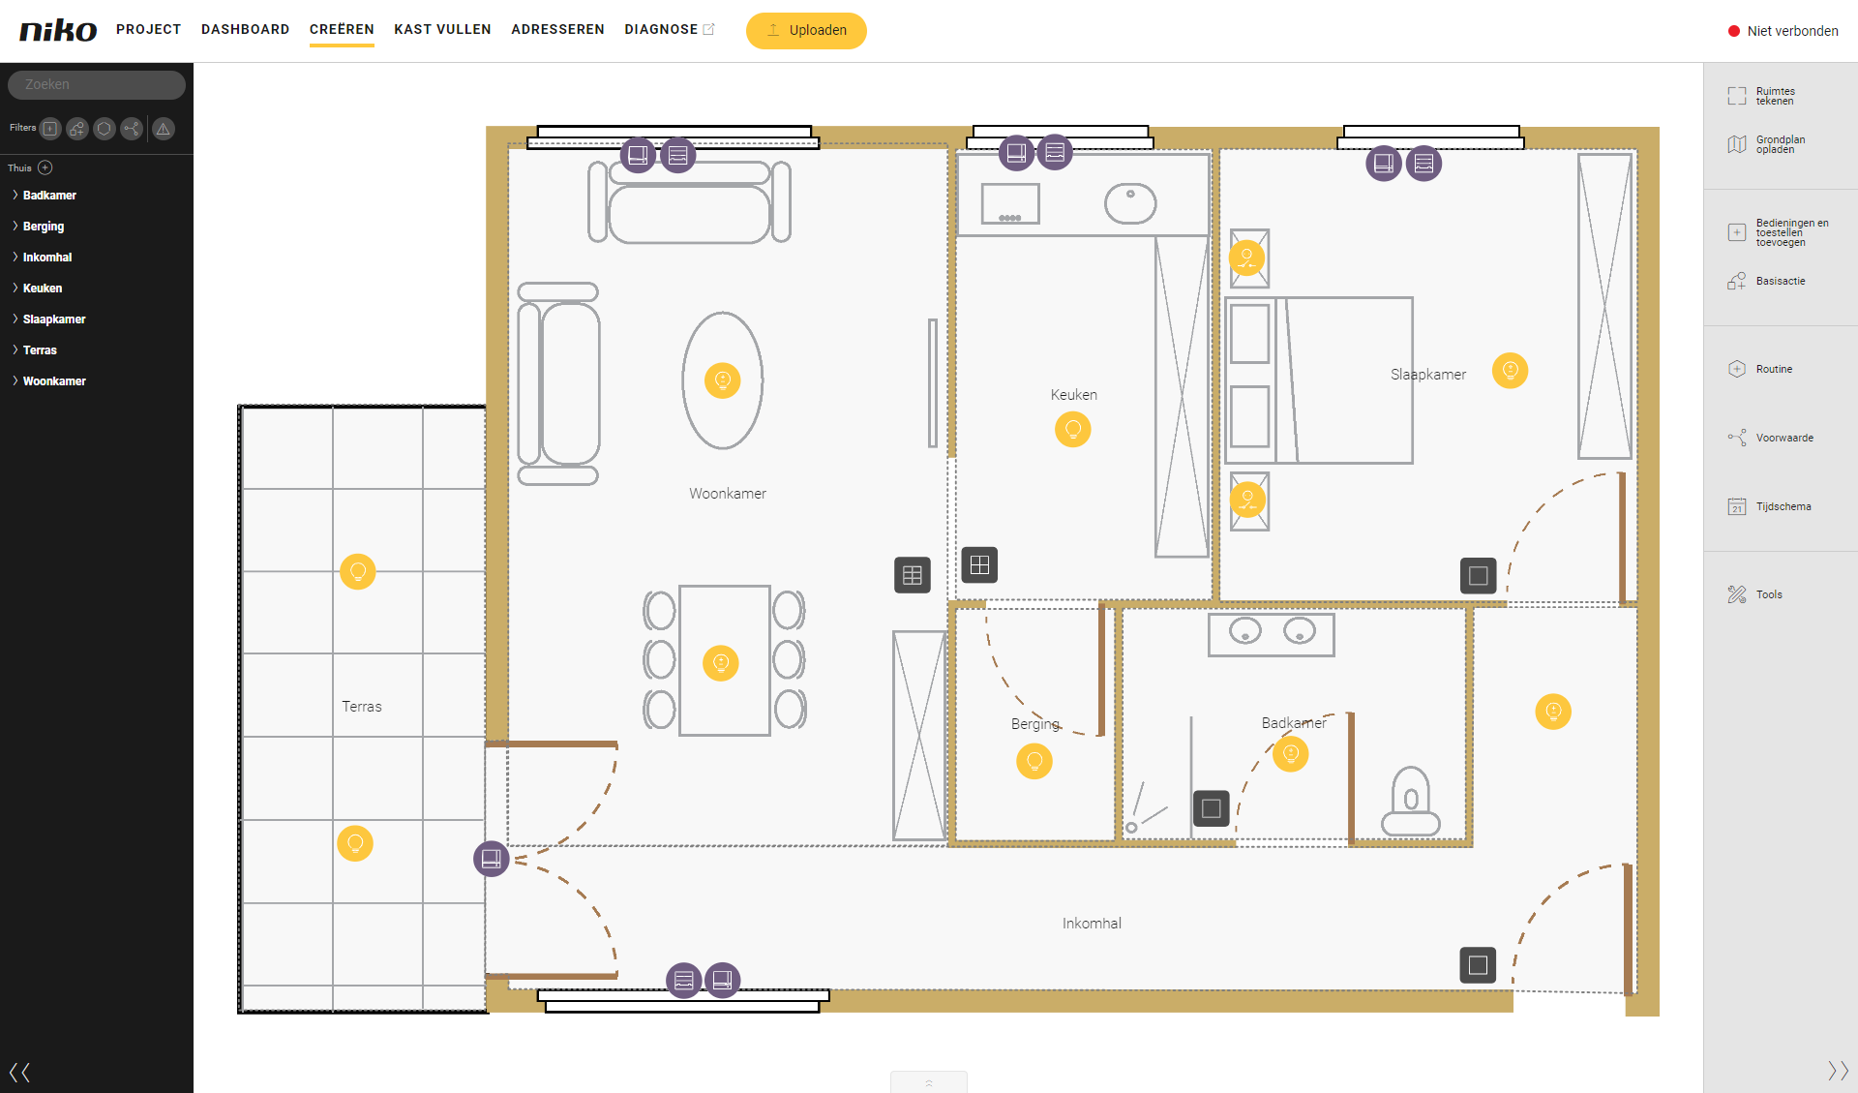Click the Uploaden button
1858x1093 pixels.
(x=806, y=30)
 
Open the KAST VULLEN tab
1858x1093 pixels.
(x=442, y=29)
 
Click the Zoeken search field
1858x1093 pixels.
(x=97, y=84)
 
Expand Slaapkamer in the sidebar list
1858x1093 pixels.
(x=53, y=319)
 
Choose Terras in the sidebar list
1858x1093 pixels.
(x=40, y=350)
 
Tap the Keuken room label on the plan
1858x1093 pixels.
(x=1074, y=395)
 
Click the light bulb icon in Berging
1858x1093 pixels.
(x=1034, y=761)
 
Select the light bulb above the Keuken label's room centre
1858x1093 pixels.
(x=1072, y=429)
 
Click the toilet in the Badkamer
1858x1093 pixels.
(x=1411, y=802)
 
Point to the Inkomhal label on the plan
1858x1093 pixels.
(x=1092, y=924)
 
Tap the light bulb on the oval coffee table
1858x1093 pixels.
(x=722, y=380)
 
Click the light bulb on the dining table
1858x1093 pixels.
(x=720, y=663)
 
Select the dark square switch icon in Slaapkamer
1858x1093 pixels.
(x=1478, y=576)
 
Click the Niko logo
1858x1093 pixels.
(x=58, y=30)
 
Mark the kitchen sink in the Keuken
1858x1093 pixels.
(x=1130, y=203)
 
